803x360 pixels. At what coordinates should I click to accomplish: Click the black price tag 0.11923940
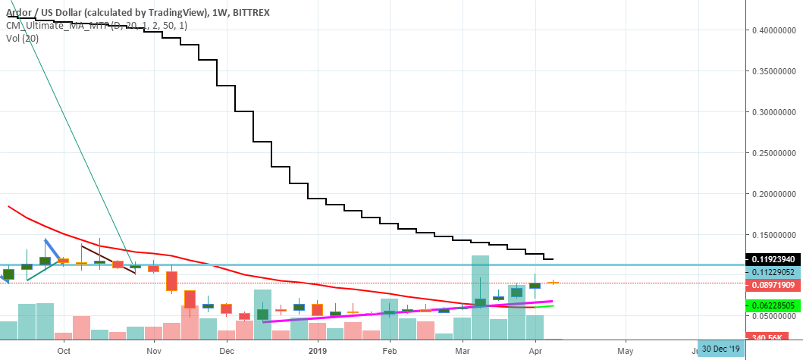(x=770, y=259)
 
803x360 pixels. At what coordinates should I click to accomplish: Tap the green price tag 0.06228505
(x=770, y=305)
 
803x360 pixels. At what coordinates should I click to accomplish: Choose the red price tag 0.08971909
(x=770, y=285)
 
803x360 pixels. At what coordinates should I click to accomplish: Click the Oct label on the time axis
(x=64, y=352)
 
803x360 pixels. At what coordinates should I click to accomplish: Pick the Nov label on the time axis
(x=154, y=352)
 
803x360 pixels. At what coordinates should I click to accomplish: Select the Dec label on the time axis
(x=226, y=352)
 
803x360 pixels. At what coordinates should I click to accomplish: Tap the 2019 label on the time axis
(x=317, y=352)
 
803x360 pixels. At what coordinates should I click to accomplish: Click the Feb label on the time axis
(x=390, y=352)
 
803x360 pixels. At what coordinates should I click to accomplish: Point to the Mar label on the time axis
(x=462, y=352)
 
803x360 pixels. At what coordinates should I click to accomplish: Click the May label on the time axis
(x=625, y=352)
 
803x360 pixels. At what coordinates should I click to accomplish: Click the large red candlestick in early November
(x=172, y=281)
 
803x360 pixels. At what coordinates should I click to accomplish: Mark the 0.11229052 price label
(x=770, y=272)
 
